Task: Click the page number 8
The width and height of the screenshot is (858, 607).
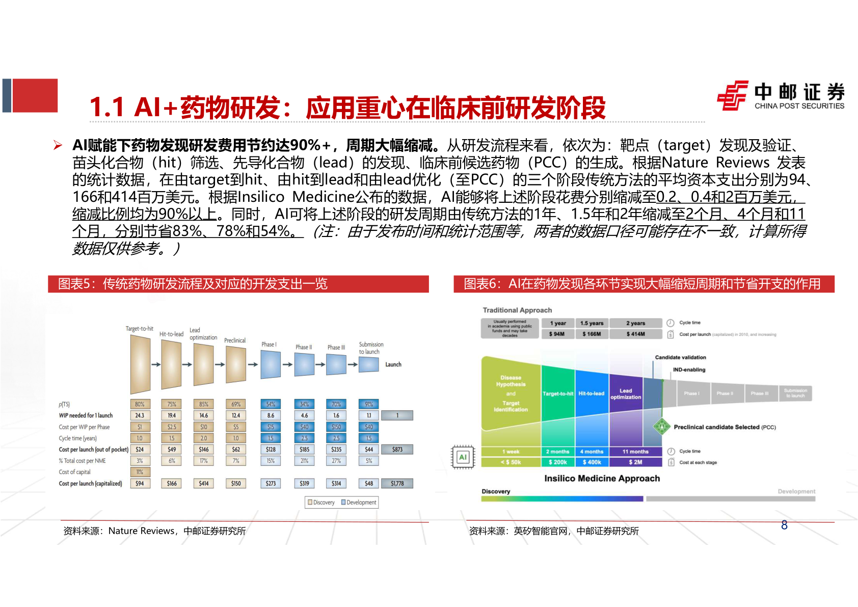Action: tap(784, 525)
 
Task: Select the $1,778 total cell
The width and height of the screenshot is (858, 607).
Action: tap(397, 483)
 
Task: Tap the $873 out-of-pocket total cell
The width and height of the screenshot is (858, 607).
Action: tap(397, 450)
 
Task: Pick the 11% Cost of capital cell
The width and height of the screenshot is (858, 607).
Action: tap(140, 472)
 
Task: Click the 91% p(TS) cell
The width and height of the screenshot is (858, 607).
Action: tap(369, 404)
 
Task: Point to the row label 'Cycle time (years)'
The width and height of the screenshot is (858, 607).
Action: tap(77, 438)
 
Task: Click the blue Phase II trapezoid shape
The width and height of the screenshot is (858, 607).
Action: tap(304, 364)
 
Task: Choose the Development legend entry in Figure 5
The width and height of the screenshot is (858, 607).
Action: tap(359, 503)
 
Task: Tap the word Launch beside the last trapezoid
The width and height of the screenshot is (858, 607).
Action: tap(393, 364)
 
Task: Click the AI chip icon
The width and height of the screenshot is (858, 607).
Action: tap(463, 457)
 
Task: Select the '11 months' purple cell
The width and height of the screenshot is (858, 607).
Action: tap(635, 452)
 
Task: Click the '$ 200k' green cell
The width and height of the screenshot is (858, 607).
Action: tap(558, 462)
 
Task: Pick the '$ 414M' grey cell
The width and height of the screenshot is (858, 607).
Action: tap(635, 334)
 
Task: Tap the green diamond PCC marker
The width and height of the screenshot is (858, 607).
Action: tap(661, 426)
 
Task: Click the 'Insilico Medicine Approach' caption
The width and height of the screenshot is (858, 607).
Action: tap(602, 479)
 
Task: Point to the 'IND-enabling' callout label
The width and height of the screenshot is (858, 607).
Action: tap(689, 370)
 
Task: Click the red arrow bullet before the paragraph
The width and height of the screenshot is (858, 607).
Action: tap(58, 146)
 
